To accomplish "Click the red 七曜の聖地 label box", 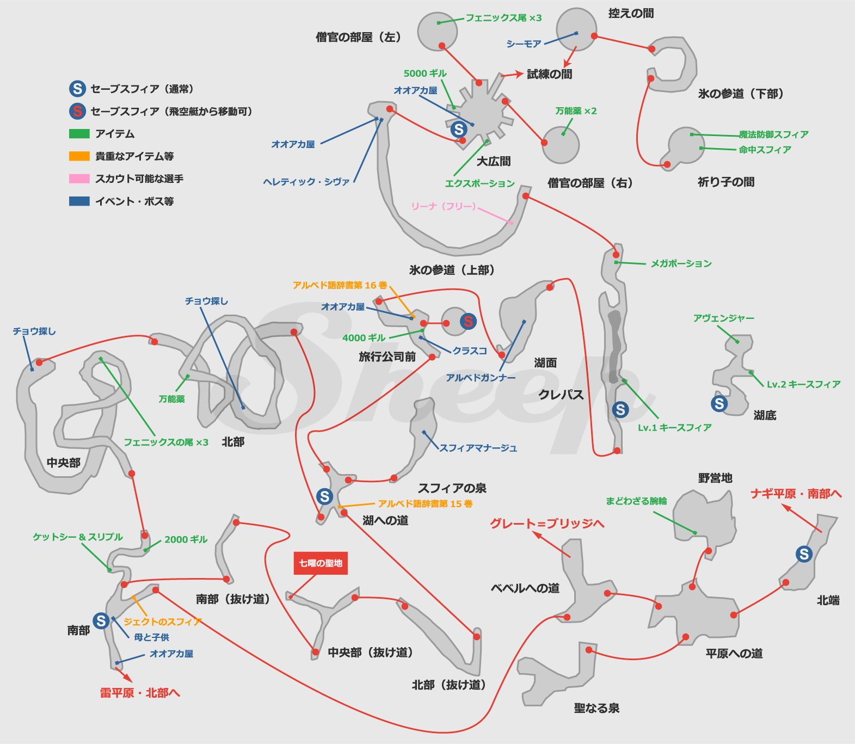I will point(321,563).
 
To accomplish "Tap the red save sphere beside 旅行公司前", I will point(468,322).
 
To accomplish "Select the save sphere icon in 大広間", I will point(459,129).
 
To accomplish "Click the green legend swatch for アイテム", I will point(79,134).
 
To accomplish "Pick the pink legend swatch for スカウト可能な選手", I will point(79,179).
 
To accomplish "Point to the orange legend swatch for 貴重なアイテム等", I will point(79,156).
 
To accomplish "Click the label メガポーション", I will point(681,264).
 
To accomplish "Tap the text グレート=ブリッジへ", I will point(547,524).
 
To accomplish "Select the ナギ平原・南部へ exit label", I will point(796,494).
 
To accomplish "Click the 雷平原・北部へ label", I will point(140,693).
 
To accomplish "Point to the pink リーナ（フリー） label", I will point(444,206).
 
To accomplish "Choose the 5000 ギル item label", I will point(425,73).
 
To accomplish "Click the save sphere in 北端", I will point(804,554).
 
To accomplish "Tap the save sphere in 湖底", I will point(719,403).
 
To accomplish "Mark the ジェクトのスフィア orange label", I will point(162,622).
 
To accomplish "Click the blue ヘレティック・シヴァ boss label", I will point(306,182).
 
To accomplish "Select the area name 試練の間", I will point(549,74).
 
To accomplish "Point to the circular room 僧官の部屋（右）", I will point(561,145).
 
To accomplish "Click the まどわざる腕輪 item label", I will point(636,501).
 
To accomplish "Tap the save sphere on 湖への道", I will point(325,496).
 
